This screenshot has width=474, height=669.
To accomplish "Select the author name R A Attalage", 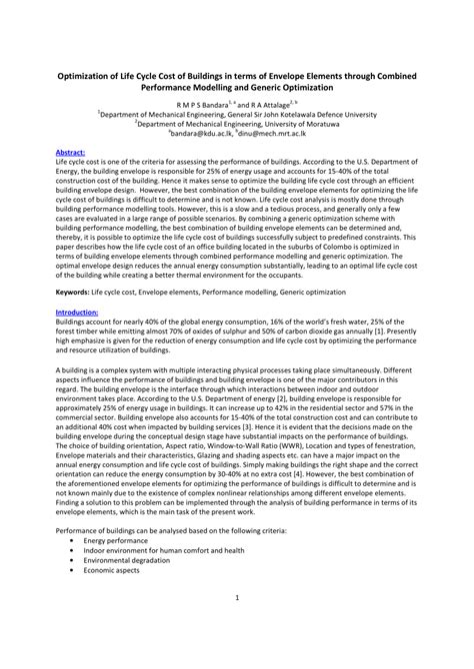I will (274, 104).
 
